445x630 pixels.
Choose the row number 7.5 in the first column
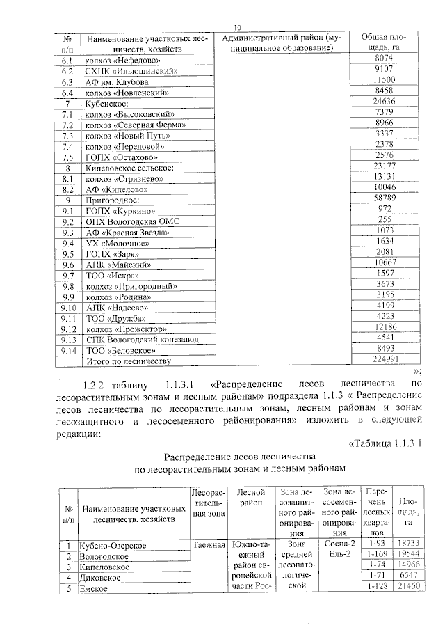pos(67,157)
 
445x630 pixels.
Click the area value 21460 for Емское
pos(407,588)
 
